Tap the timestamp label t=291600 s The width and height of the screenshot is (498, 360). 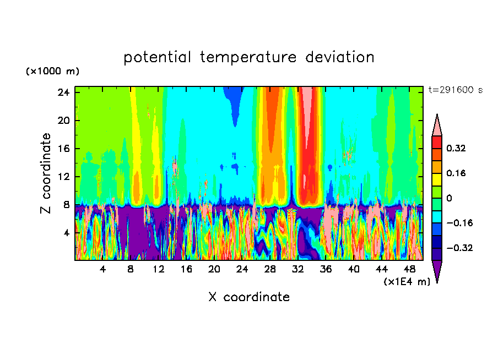[455, 90]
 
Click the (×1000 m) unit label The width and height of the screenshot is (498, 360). [52, 72]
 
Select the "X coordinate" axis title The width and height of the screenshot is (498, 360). [249, 297]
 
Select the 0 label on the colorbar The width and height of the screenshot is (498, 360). [450, 198]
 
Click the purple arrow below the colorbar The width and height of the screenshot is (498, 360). [437, 270]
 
